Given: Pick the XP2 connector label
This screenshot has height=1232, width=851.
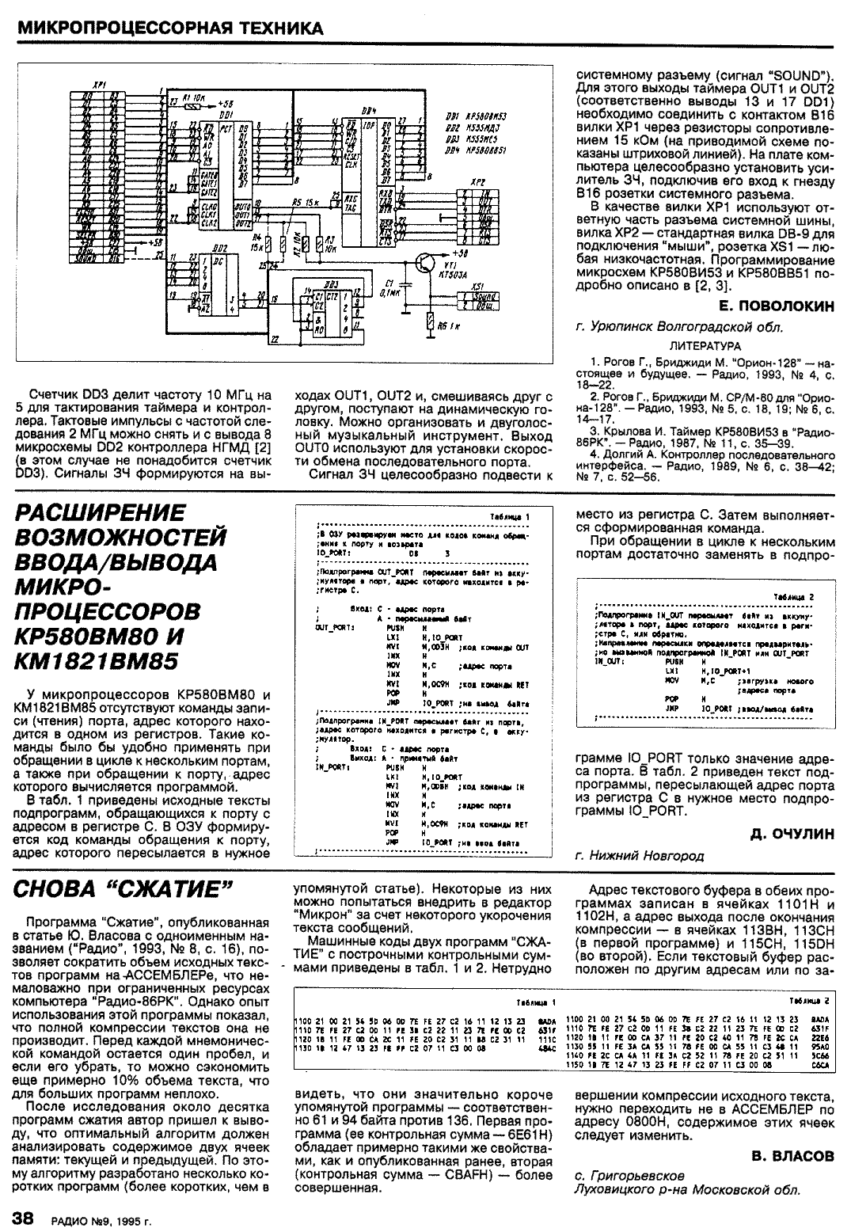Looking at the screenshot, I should click(478, 182).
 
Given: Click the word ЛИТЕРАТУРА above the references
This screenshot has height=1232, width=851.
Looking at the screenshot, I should click(705, 345).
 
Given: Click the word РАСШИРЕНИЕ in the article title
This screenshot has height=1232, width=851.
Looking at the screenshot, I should click(101, 512).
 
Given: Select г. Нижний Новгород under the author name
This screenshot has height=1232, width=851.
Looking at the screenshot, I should click(639, 855).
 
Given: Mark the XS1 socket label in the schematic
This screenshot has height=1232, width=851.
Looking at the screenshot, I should click(477, 287).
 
